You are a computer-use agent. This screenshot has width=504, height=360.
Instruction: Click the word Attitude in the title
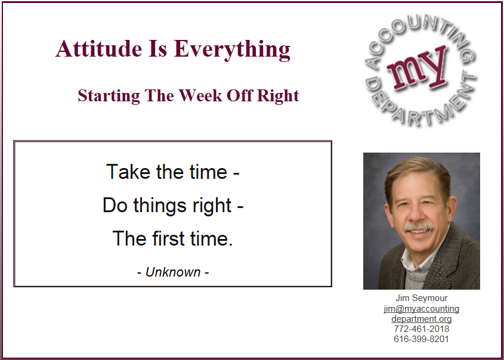click(x=99, y=49)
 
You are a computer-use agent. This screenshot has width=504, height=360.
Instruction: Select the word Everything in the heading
click(x=232, y=50)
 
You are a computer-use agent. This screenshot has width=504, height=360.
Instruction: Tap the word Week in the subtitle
click(x=200, y=96)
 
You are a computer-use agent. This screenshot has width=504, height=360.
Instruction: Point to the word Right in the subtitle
click(x=278, y=97)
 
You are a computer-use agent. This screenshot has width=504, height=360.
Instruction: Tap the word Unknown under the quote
click(x=173, y=272)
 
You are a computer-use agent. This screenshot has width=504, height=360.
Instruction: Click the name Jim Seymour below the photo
click(x=422, y=298)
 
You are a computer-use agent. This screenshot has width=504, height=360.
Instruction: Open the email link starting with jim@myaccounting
click(x=422, y=309)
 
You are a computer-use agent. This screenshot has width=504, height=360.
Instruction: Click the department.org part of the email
click(x=422, y=319)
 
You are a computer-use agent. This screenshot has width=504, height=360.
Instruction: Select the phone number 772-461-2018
click(x=422, y=329)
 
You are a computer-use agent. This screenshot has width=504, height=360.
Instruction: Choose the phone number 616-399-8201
click(x=422, y=339)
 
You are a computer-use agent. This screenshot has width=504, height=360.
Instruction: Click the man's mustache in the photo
click(x=419, y=227)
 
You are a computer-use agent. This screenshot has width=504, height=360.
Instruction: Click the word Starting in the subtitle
click(x=109, y=97)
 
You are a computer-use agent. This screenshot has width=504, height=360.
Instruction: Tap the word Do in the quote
click(x=115, y=205)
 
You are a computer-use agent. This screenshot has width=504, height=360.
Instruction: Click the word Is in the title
click(x=158, y=49)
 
